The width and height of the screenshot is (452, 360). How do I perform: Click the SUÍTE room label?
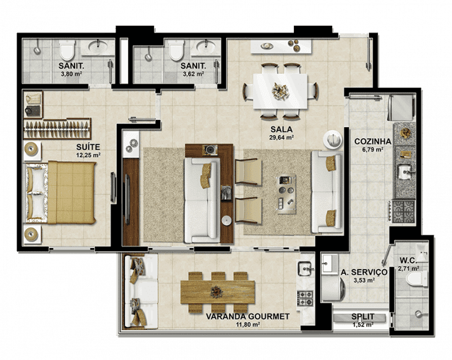pos(88,147)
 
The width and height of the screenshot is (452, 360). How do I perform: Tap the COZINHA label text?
pos(373,141)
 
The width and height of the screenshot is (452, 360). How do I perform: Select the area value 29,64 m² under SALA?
pos(282,138)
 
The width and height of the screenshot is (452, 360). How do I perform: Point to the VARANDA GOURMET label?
pos(247,317)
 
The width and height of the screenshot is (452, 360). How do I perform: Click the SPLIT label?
pos(363,317)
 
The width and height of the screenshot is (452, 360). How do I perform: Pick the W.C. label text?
pos(408,261)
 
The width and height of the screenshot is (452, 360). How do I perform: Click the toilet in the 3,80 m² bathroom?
pos(67,50)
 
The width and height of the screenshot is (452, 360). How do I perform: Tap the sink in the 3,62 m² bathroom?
pos(205,46)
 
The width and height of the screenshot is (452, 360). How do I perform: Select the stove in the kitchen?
pos(404,211)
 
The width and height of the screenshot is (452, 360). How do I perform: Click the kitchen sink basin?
pos(405,172)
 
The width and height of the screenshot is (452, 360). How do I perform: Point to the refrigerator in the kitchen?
pos(401,108)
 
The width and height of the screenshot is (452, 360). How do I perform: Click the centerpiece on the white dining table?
pos(280,91)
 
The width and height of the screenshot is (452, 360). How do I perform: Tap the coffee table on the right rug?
pos(286,193)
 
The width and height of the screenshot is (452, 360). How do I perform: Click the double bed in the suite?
pos(60,193)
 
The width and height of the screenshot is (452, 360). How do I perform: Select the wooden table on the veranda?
pos(218,292)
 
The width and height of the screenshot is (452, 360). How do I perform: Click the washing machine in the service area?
pos(334,288)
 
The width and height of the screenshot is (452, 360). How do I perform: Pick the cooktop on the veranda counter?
pos(305,298)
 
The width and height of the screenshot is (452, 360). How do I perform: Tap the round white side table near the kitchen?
pos(333,139)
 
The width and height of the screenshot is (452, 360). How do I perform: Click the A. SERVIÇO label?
pos(364,272)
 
